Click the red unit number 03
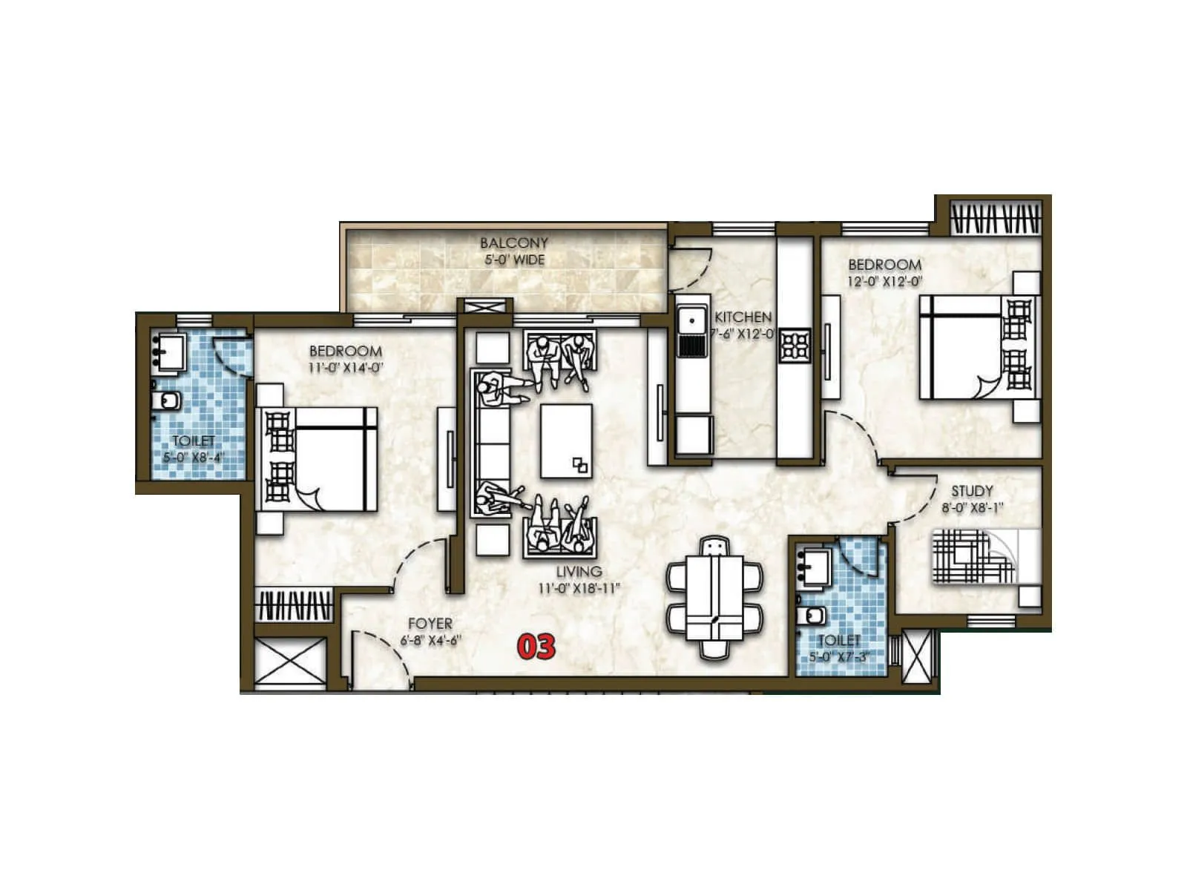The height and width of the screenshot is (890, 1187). click(536, 646)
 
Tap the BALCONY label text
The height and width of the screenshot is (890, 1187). click(513, 243)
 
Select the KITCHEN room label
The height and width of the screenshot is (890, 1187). click(743, 317)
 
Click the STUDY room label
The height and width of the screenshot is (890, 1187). click(972, 491)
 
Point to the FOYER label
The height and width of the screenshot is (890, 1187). click(430, 624)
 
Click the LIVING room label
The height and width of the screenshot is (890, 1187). click(579, 572)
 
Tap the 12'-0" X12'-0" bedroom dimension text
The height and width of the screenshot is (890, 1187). click(884, 282)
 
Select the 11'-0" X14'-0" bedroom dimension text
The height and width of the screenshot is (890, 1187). click(345, 368)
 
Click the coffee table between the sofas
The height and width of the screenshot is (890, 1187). click(566, 441)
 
